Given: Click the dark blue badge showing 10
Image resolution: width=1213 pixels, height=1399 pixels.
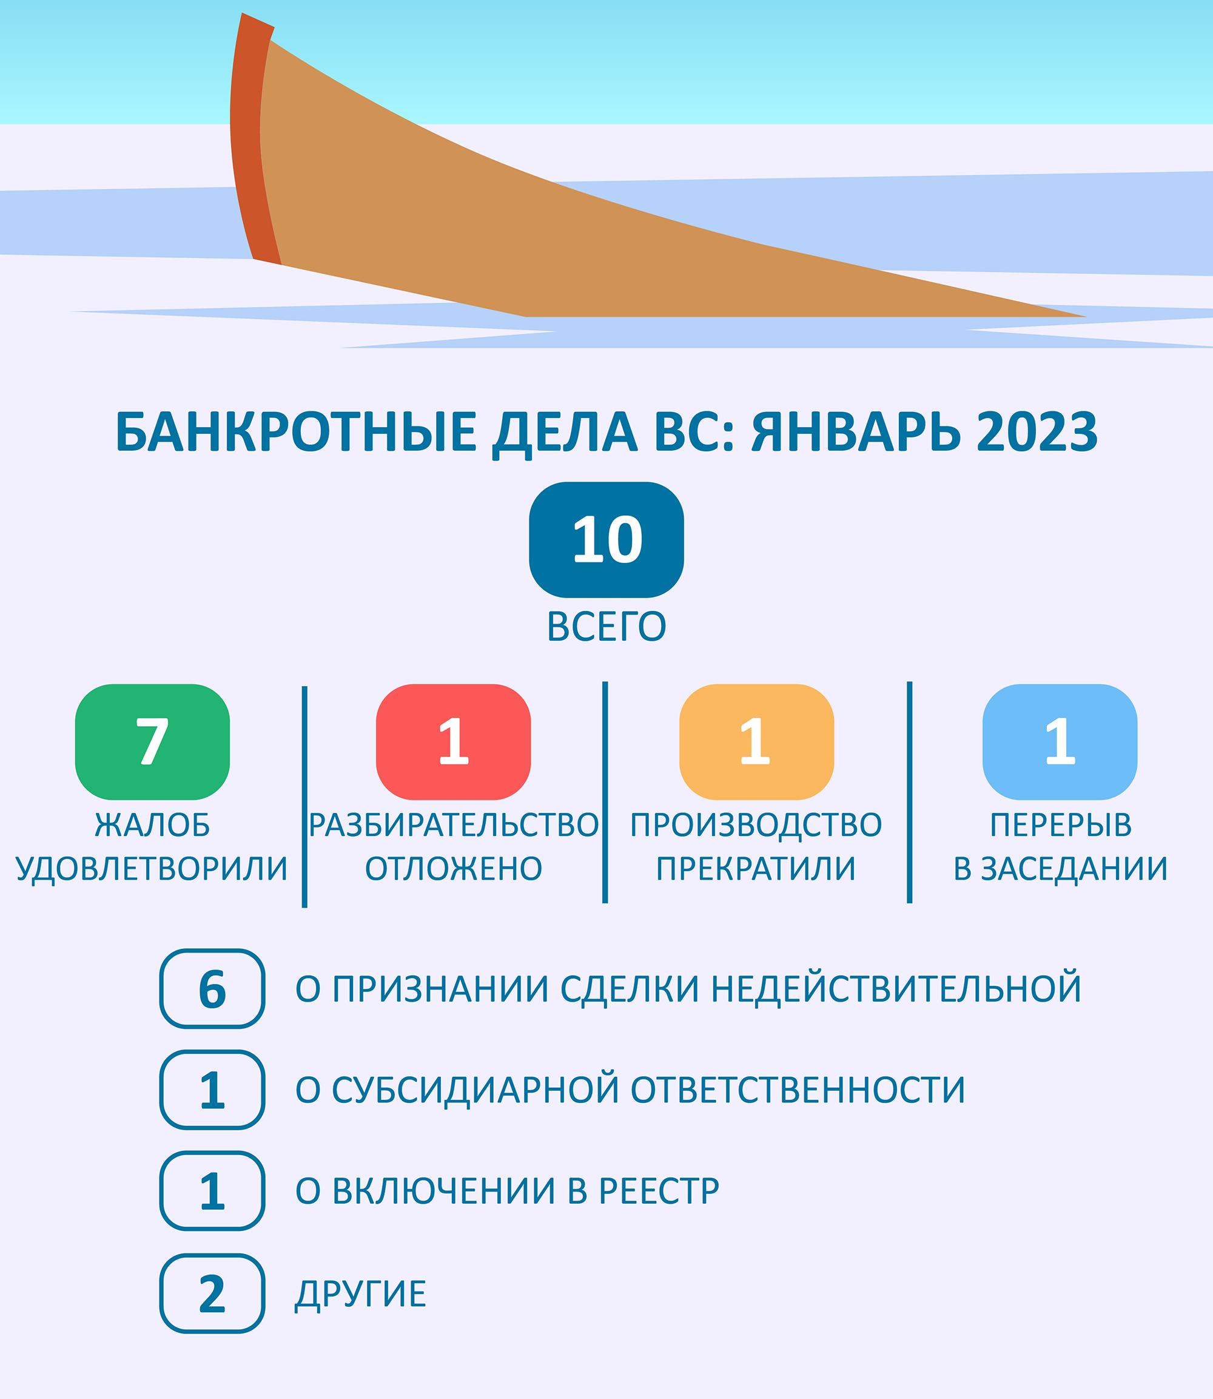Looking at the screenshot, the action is (606, 540).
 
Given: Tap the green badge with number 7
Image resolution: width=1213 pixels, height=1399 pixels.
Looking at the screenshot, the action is (152, 742).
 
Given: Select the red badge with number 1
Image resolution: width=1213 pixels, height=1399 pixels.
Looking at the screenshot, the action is (454, 742).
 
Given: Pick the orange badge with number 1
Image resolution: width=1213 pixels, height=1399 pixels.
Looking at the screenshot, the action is (757, 742).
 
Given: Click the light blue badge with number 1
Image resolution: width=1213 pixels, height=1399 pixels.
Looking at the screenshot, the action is (1060, 742).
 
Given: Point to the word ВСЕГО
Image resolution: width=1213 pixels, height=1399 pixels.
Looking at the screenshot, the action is (606, 627).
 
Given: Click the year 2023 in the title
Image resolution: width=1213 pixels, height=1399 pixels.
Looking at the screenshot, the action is (1037, 432).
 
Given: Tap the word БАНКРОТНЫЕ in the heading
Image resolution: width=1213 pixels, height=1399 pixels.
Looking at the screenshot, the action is (297, 432).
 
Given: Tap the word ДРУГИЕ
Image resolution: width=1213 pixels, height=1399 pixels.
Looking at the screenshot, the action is (361, 1295).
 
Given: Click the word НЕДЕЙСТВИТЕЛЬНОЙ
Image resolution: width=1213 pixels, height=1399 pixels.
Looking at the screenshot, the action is (896, 989).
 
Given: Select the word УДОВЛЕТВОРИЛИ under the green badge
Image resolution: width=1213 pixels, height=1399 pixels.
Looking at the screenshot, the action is (152, 869).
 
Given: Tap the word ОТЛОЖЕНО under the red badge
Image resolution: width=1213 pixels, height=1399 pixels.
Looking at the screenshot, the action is (454, 869).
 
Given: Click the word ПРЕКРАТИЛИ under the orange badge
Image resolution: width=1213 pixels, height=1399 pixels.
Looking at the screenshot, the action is (756, 869).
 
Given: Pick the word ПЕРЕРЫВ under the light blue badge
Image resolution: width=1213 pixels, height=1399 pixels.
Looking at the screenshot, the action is (1061, 824).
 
